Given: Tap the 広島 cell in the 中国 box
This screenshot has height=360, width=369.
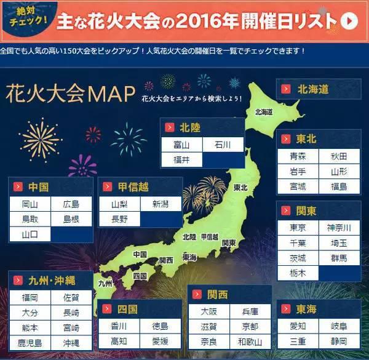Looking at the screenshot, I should click(x=71, y=204).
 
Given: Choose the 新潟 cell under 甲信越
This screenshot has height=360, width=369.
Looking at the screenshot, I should click(x=161, y=204).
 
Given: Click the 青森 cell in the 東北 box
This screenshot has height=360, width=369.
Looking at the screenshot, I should click(x=298, y=156).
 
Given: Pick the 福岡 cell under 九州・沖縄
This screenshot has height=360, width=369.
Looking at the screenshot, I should click(x=30, y=297).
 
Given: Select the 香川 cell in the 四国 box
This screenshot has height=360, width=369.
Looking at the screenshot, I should click(x=119, y=326).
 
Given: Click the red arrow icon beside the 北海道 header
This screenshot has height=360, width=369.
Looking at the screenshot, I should click(x=286, y=89).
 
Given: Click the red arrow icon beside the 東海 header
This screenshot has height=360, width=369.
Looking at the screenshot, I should click(x=286, y=310).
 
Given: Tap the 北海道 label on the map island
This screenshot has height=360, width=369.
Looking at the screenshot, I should click(x=263, y=112).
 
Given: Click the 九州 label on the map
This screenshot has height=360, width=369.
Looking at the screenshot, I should click(x=105, y=284).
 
